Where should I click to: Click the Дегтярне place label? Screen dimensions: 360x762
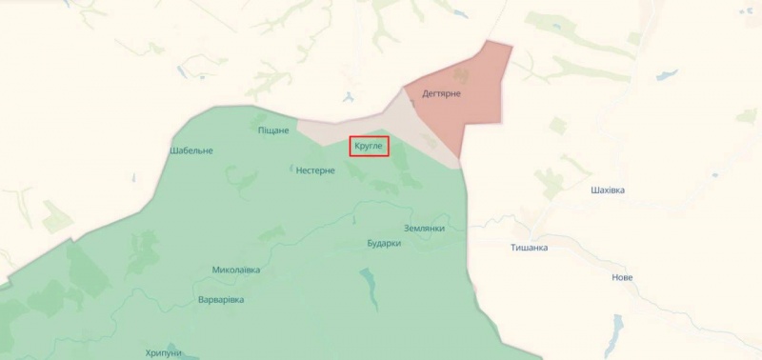[442, 93]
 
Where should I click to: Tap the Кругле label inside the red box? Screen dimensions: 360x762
[368, 147]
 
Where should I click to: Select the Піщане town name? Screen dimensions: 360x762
[274, 130]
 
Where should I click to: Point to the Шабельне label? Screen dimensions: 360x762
[191, 150]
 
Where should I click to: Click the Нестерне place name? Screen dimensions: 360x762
[315, 170]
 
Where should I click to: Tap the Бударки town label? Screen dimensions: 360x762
[384, 244]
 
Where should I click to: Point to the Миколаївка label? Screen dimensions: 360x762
[236, 270]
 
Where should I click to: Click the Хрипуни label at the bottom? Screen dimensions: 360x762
[164, 352]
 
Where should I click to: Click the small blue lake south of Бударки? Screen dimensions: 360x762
[367, 279]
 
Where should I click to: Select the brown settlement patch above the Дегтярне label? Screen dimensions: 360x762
[461, 72]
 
